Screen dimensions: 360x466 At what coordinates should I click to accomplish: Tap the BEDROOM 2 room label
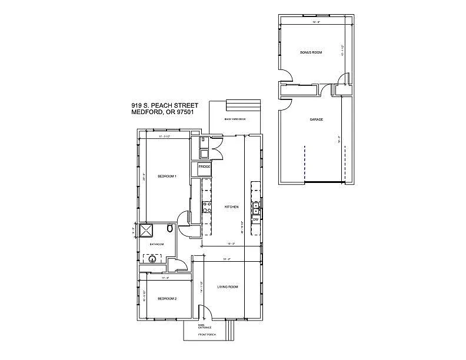coord(167,299)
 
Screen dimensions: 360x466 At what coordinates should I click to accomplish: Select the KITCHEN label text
coord(231,207)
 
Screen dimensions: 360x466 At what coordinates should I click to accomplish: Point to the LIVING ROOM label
coord(227,286)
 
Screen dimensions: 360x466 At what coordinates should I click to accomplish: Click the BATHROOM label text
coord(156,244)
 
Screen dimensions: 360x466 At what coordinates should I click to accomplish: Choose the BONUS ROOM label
coord(311,52)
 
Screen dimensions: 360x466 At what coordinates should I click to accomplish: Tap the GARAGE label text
coord(316,119)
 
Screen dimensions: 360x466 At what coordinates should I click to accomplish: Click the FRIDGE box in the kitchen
coord(204,166)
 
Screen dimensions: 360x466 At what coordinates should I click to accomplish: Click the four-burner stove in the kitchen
coord(207,206)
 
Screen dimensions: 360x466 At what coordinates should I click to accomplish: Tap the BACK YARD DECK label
coord(234,119)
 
